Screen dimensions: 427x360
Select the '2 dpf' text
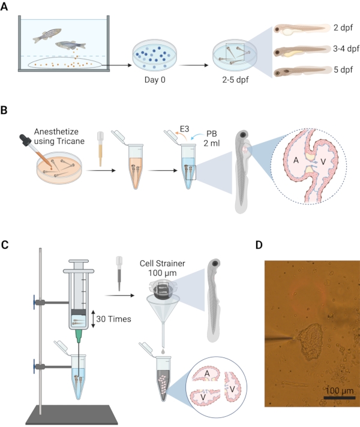pyautogui.click(x=342, y=28)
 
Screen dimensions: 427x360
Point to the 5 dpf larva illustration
pyautogui.click(x=300, y=72)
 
